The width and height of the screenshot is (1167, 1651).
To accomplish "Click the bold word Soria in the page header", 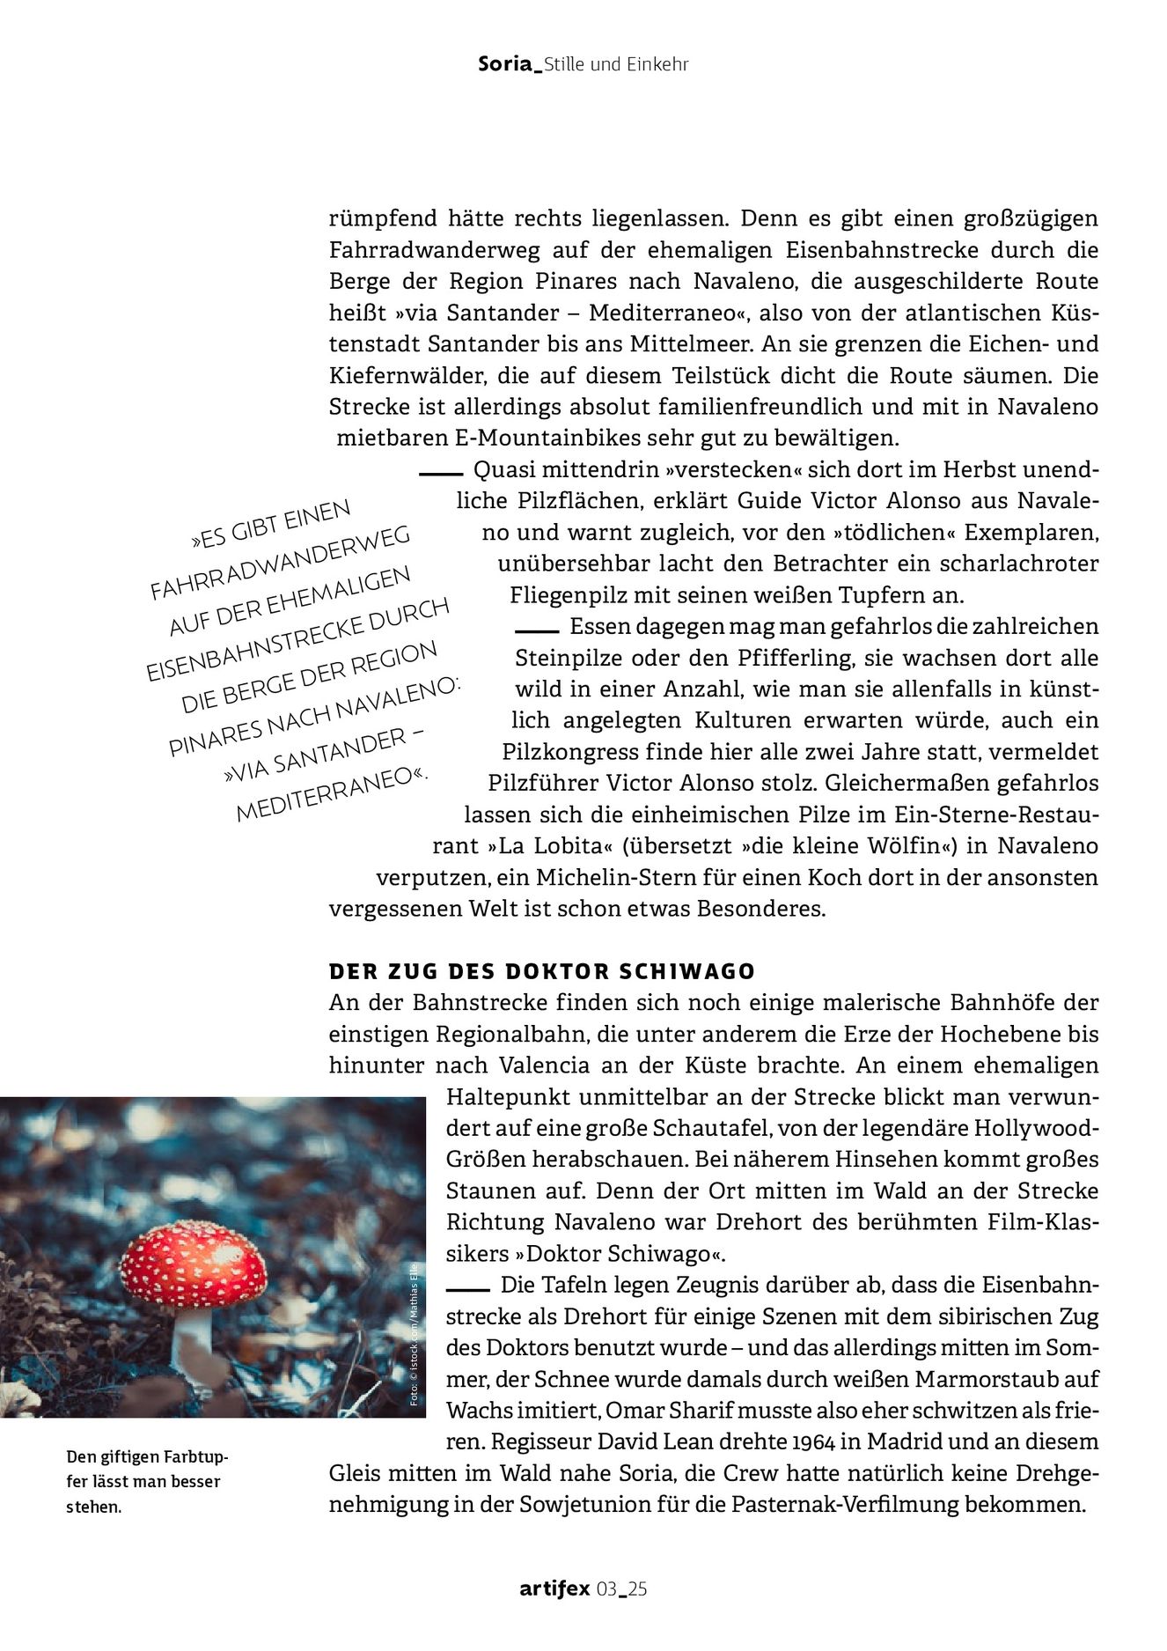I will pos(505,63).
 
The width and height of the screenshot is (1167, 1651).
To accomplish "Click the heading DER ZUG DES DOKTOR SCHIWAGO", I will pos(542,971).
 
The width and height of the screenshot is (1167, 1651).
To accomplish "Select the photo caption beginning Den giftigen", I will pos(146,1481).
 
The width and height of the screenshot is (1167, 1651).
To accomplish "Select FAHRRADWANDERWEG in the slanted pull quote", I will pos(280,564).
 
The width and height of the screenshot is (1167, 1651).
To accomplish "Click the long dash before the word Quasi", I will pos(440,474).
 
